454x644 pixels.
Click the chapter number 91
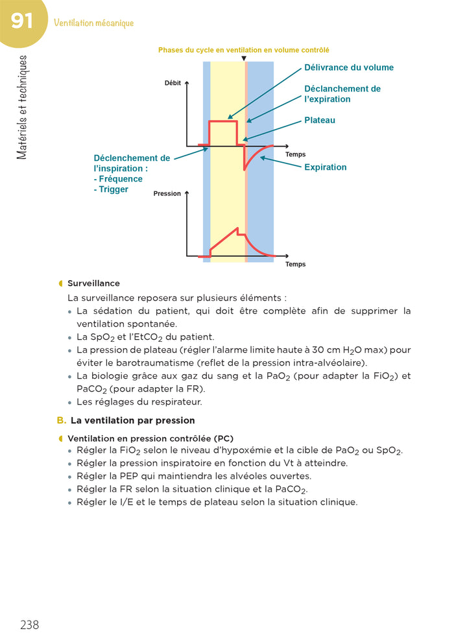click(x=21, y=21)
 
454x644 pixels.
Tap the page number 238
click(x=30, y=625)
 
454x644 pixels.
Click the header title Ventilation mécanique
click(x=94, y=23)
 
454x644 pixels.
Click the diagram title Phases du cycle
click(x=243, y=49)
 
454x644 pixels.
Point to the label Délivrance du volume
click(x=349, y=67)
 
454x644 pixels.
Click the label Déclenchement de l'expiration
click(x=342, y=94)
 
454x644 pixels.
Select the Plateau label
click(x=320, y=120)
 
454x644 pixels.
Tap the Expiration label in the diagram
click(x=326, y=167)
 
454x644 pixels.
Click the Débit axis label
click(x=173, y=84)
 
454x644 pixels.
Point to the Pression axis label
click(x=167, y=193)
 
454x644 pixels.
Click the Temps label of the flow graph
click(x=296, y=154)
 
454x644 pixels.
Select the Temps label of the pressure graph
click(x=296, y=264)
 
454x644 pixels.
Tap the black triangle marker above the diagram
click(x=243, y=58)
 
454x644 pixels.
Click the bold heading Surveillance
click(x=93, y=283)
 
